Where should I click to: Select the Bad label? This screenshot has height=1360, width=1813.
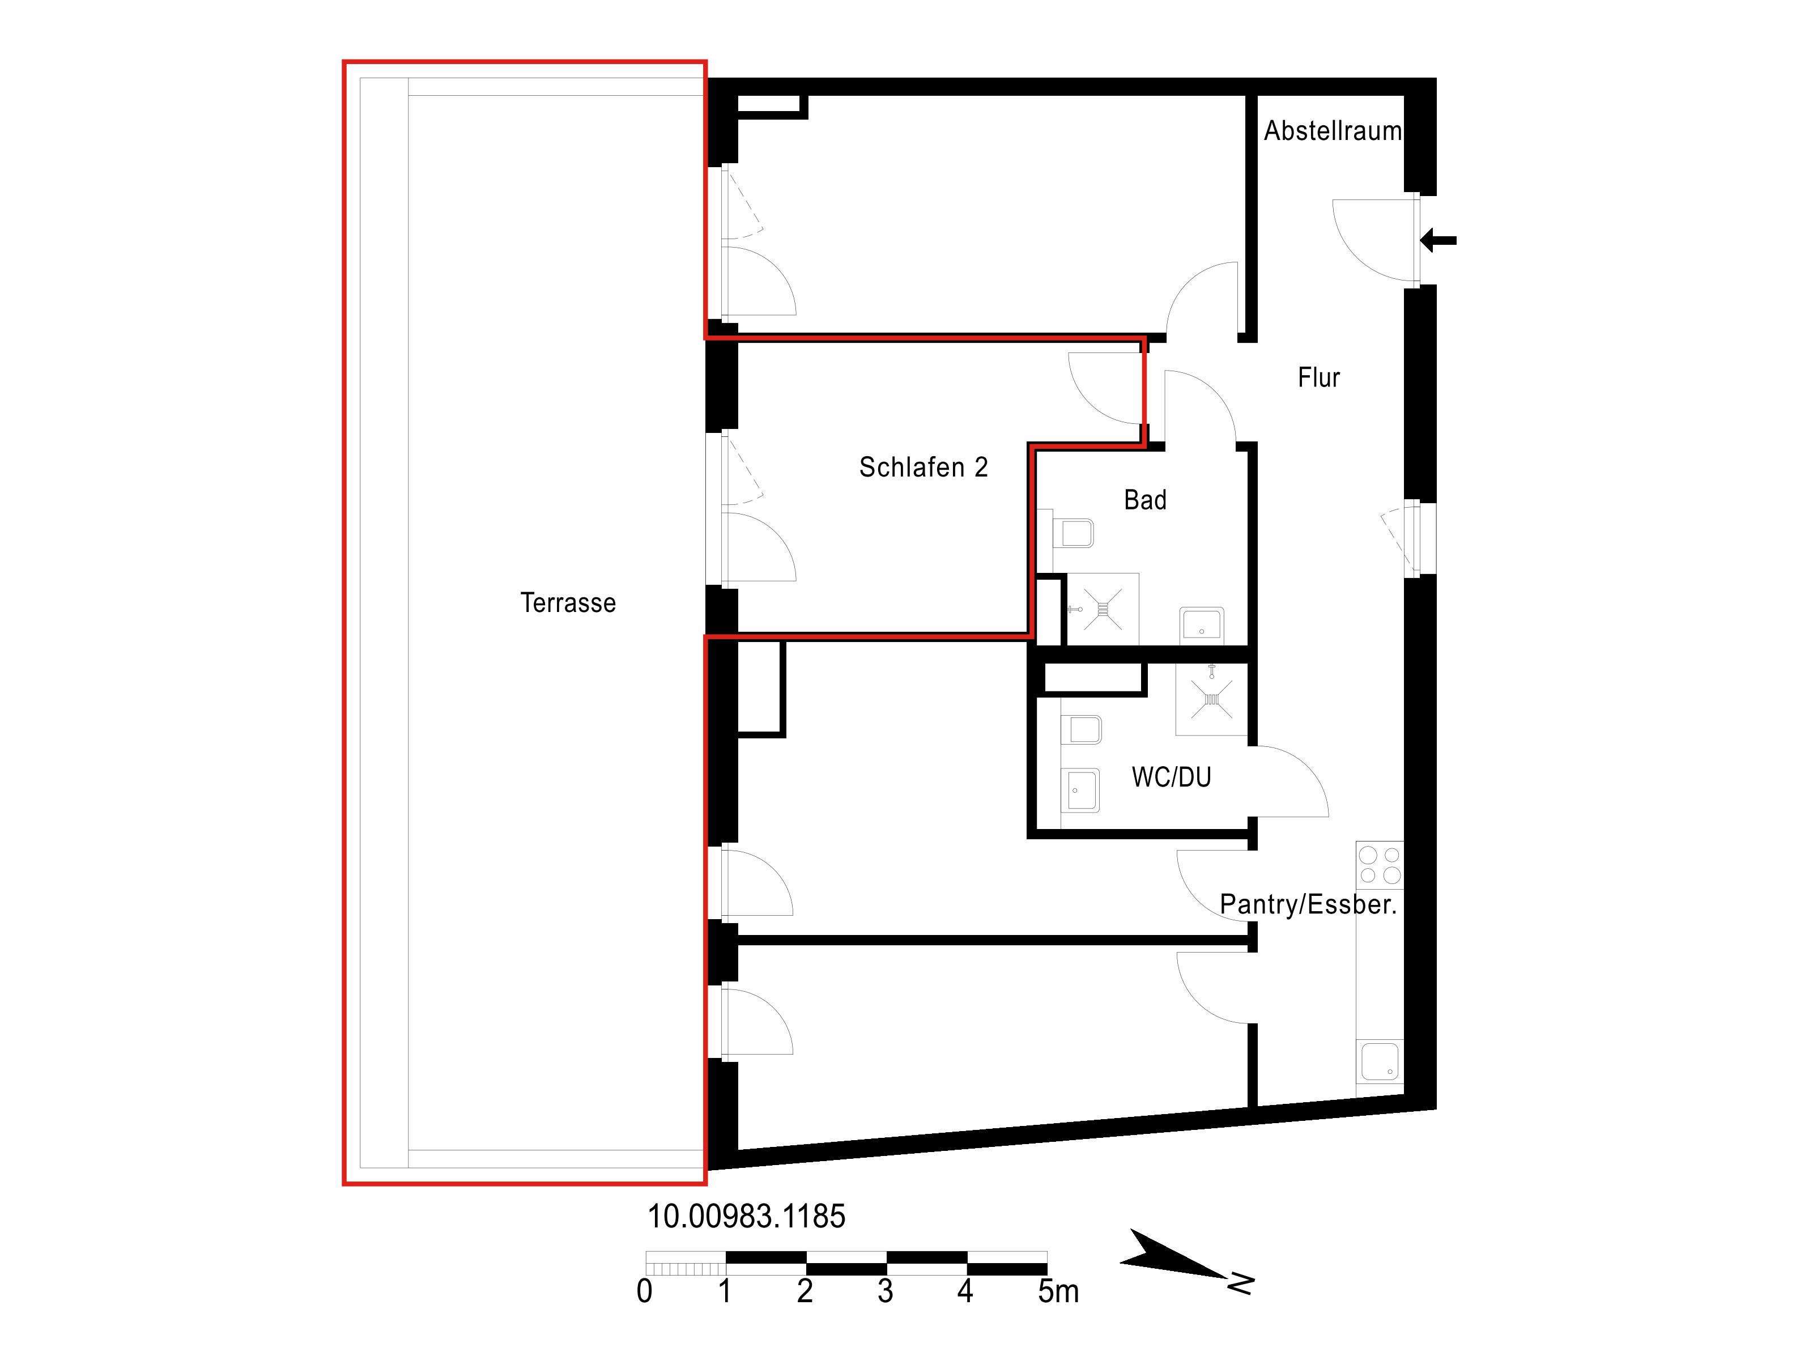coord(1145,499)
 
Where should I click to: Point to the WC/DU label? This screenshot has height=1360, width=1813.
coord(1171,776)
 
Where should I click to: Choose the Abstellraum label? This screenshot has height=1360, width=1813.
coord(1333,130)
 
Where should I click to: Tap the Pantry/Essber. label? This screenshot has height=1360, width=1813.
coord(1308,904)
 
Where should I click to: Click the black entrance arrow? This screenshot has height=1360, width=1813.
coord(1439,240)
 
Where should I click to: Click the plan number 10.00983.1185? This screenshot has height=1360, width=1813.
coord(746,1217)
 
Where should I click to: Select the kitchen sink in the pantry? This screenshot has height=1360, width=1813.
coord(1380,1061)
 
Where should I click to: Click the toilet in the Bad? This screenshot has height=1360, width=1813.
coord(1073,533)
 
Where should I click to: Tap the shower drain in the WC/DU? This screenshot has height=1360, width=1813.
coord(1211,699)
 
